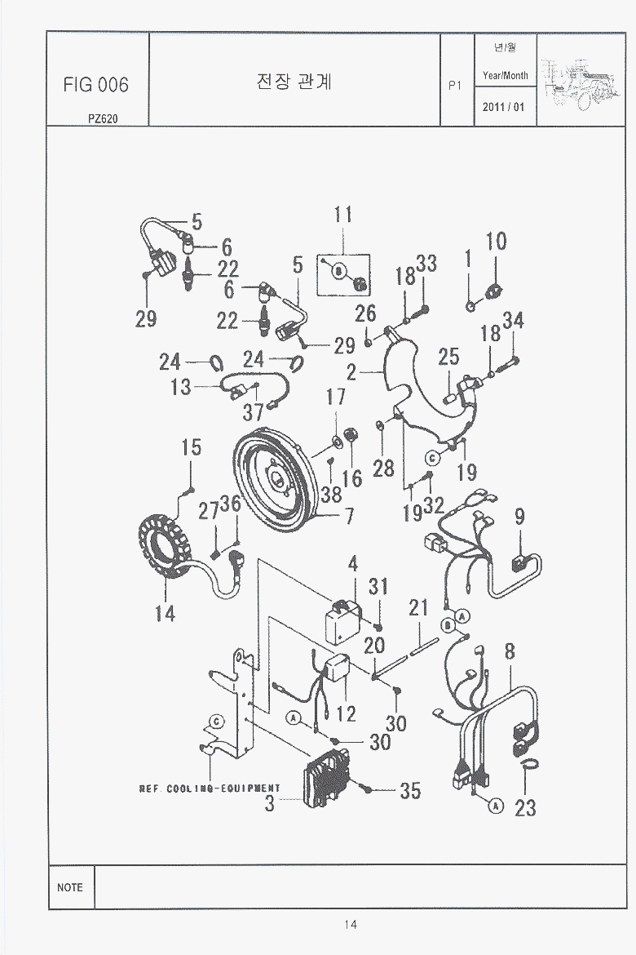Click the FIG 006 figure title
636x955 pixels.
click(96, 85)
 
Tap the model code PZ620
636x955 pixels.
click(104, 118)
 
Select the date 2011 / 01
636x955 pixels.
click(505, 107)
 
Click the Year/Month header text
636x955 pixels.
click(505, 75)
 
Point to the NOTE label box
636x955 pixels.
click(70, 886)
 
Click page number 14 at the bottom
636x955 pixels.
click(351, 924)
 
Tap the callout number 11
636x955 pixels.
click(343, 215)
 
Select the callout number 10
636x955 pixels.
click(496, 242)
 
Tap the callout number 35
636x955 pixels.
click(410, 790)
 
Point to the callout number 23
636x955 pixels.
click(526, 807)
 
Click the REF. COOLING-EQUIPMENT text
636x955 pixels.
click(210, 788)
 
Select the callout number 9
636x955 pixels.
click(519, 517)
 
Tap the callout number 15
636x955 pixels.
click(191, 447)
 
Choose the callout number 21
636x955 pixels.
click(418, 608)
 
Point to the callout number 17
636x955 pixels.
click(336, 397)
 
